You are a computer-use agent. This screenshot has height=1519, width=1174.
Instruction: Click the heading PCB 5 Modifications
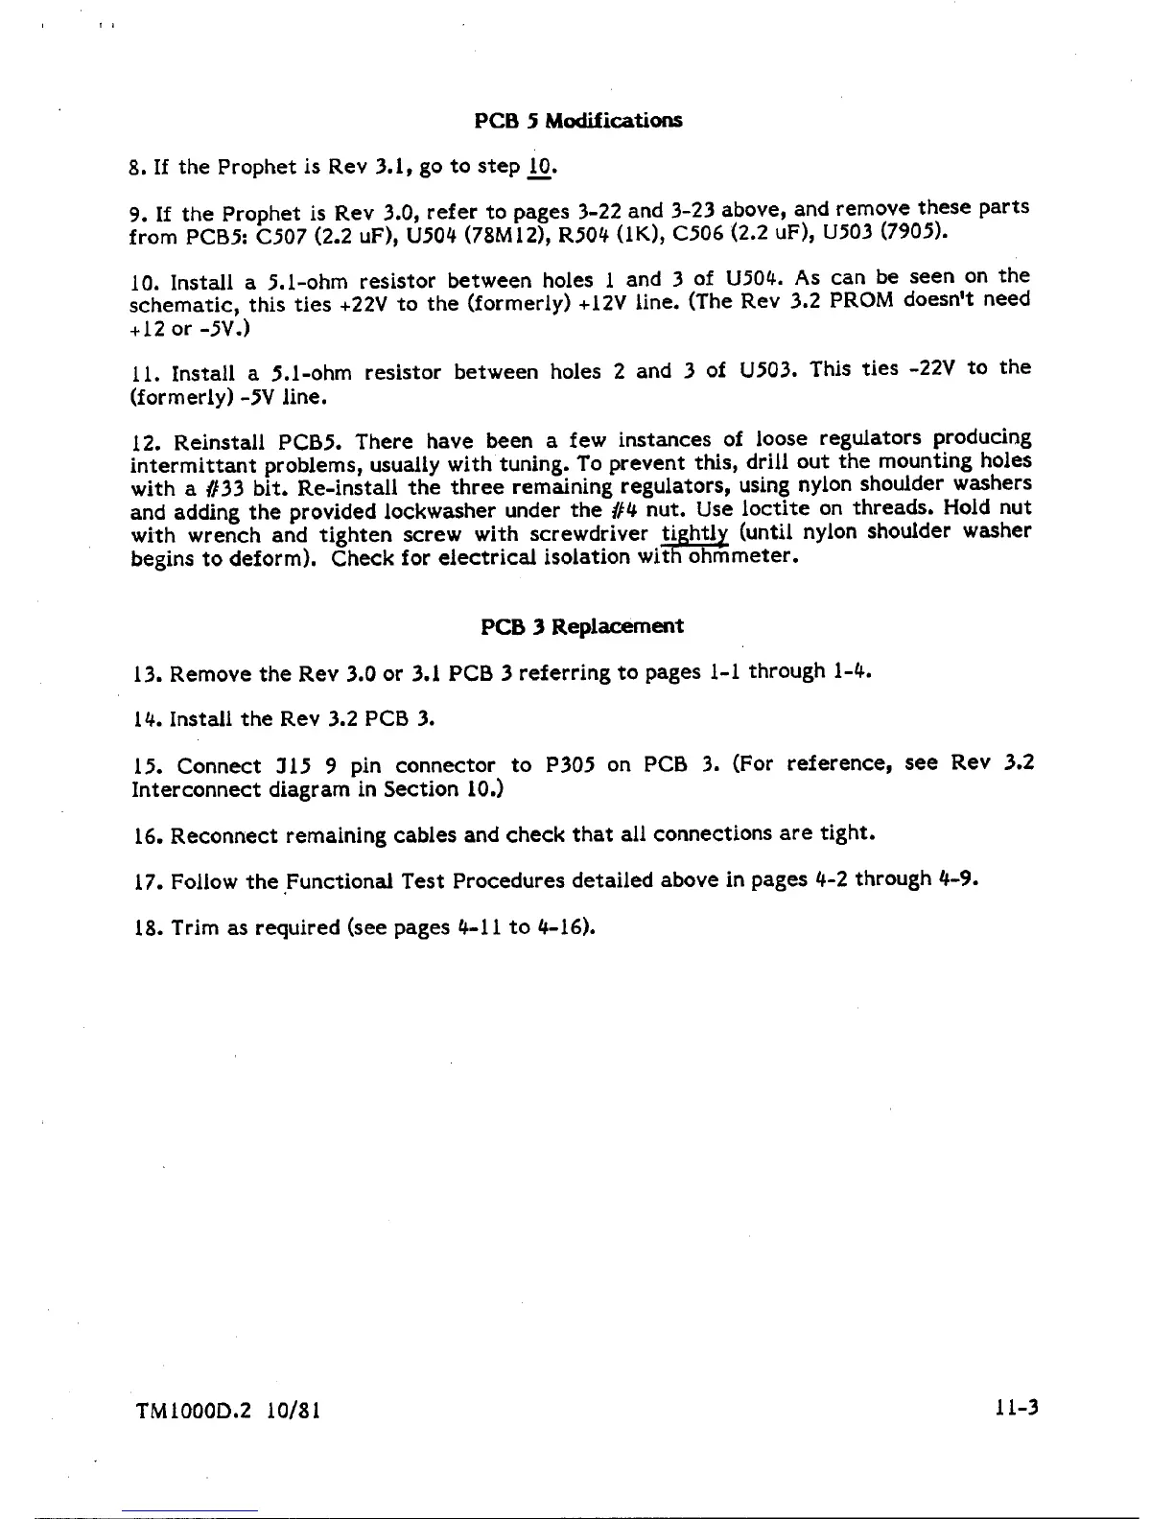point(579,121)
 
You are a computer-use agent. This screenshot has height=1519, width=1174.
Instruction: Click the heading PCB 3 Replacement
point(582,627)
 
